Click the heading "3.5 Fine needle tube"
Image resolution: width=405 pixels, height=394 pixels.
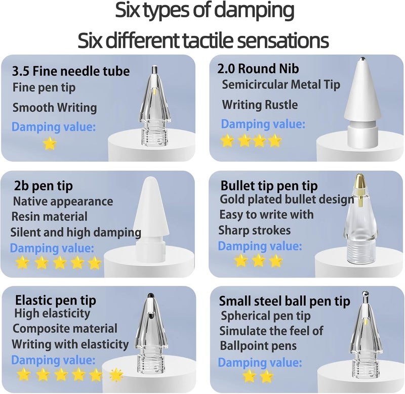point(71,71)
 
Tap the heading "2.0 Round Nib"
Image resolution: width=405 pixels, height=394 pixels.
point(258,69)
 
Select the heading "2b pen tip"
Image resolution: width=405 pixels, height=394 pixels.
point(44,186)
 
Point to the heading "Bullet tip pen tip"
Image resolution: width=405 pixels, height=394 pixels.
point(269,186)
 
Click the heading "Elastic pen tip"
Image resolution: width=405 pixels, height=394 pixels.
point(56,300)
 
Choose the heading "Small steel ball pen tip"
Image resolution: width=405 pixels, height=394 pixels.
point(285,301)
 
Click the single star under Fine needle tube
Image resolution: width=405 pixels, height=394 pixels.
point(50,143)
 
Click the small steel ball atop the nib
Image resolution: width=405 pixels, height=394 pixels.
point(364,293)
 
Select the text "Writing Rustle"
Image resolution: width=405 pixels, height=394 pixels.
point(260,105)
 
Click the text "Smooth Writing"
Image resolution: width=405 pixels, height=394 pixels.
point(55,108)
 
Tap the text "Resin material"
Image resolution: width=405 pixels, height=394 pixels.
point(50,216)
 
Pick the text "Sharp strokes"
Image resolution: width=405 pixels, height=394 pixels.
point(255,230)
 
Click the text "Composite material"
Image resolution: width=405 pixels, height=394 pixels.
point(65,329)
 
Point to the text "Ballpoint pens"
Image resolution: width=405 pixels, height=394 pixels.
point(258,346)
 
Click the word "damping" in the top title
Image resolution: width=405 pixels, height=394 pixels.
point(255,11)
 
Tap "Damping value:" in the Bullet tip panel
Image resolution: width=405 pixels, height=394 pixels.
point(260,246)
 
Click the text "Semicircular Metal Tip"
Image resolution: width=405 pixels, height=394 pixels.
point(281,84)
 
